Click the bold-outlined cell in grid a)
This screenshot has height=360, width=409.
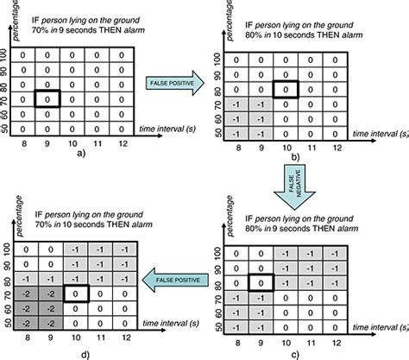(47, 98)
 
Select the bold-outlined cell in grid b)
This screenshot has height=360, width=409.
(286, 90)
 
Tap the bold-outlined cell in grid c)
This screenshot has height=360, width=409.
(261, 283)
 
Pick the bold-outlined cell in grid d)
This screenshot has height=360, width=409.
(76, 294)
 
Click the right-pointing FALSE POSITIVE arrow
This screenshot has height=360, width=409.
(175, 83)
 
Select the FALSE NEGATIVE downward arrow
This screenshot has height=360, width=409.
(295, 186)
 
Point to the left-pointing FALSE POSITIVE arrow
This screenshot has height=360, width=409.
(175, 280)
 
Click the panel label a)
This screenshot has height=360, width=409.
(81, 154)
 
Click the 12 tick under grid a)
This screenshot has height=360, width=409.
(123, 143)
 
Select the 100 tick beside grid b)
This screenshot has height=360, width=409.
(218, 60)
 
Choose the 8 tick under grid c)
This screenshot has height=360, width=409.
(237, 343)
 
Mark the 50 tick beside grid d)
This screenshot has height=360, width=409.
(8, 323)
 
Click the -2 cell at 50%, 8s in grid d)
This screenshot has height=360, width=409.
(26, 324)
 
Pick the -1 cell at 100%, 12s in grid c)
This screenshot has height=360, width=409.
(335, 254)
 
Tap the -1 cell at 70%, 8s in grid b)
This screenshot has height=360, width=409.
(236, 104)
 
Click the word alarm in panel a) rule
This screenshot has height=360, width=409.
(135, 30)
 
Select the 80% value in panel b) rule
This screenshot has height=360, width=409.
(254, 35)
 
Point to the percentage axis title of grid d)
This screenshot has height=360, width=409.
(19, 216)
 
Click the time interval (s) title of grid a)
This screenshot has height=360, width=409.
(167, 129)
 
